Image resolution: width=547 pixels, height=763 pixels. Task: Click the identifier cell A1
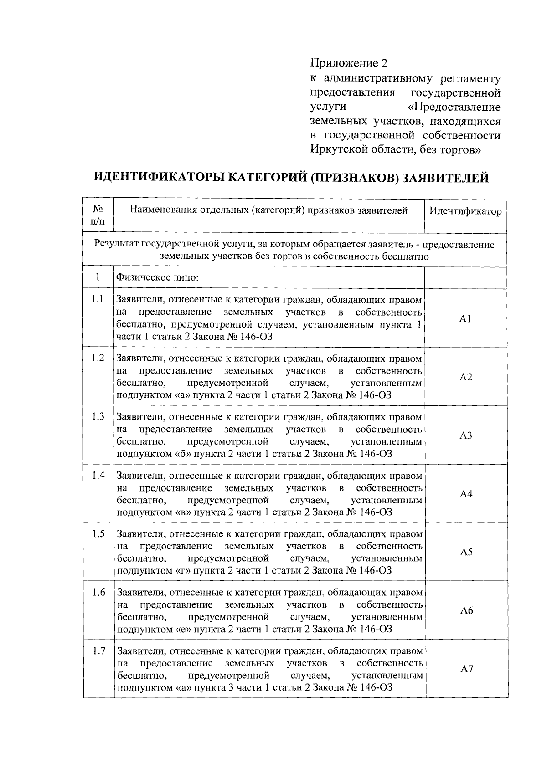(x=465, y=319)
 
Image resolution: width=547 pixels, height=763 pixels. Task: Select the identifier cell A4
(x=466, y=494)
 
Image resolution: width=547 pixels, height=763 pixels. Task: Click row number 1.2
(x=98, y=358)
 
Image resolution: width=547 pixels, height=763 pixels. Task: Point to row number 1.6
(x=98, y=592)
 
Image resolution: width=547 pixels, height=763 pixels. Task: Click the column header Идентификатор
(x=465, y=211)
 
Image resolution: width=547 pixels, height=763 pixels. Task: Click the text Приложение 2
(x=348, y=63)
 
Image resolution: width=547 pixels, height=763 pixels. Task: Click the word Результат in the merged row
(x=117, y=245)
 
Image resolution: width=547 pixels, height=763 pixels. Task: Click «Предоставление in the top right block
(x=454, y=108)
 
